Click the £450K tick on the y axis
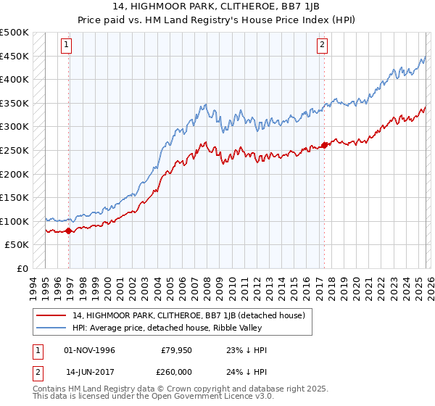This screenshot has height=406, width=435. coord(14,56)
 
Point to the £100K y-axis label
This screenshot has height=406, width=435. coord(14,221)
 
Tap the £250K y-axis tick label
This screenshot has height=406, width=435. coord(14,150)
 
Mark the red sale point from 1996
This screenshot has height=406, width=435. coord(69,231)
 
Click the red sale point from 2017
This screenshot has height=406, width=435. coord(324,144)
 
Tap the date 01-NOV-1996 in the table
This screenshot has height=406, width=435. coord(90,350)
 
